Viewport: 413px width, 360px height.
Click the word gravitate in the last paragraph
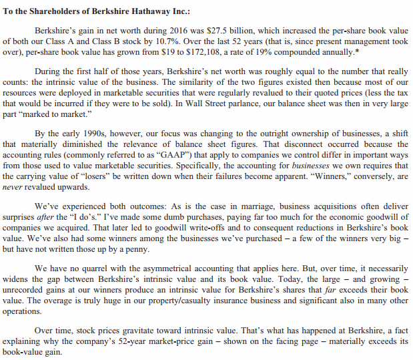[136, 329]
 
